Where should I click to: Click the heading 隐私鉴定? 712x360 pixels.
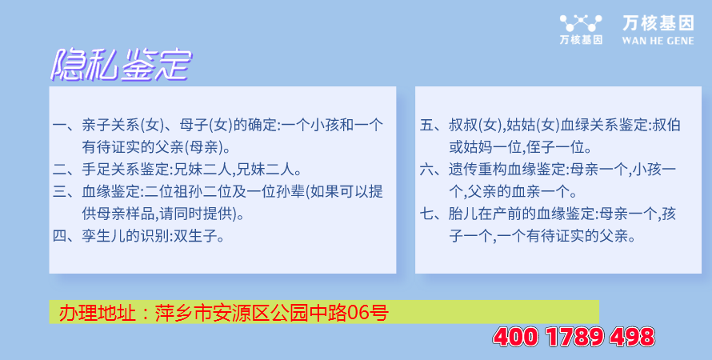pyautogui.click(x=121, y=65)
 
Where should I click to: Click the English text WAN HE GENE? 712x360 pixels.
pyautogui.click(x=658, y=41)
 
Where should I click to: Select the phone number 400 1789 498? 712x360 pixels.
pyautogui.click(x=574, y=338)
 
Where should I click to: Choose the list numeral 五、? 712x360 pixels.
pyautogui.click(x=433, y=125)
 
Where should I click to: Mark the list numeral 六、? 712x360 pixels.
pyautogui.click(x=433, y=170)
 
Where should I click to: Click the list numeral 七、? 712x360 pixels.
pyautogui.click(x=433, y=214)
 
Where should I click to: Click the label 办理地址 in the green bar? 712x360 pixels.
pyautogui.click(x=97, y=313)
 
